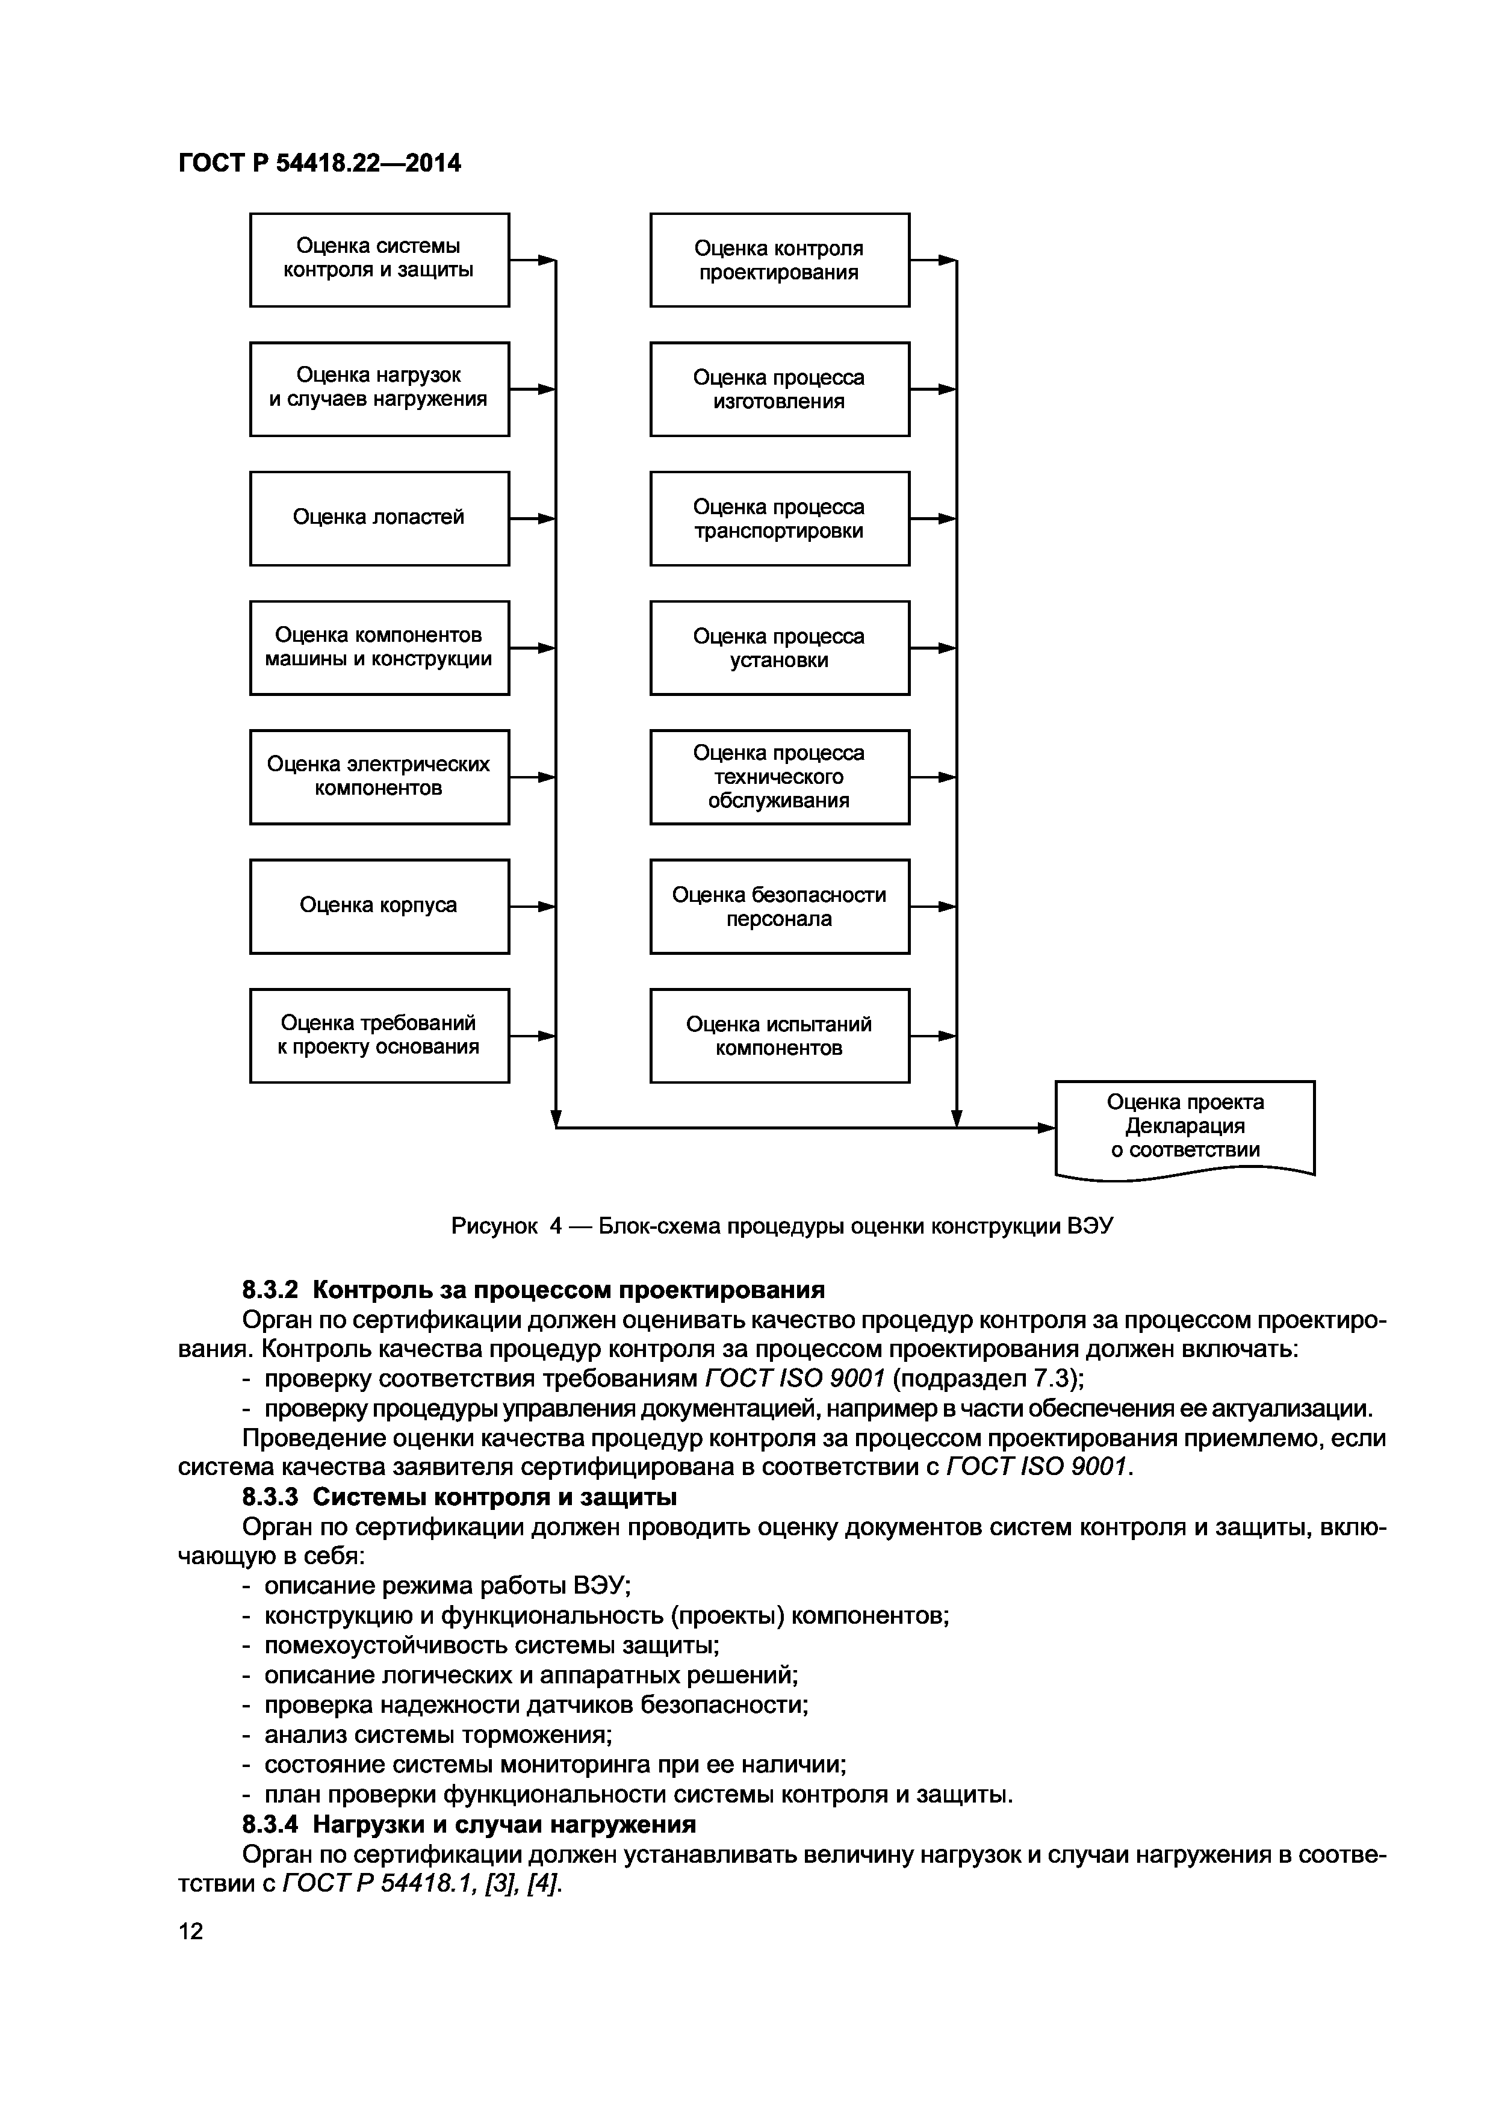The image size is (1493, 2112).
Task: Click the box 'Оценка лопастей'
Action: point(379,518)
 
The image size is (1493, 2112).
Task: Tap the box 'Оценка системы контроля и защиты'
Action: point(379,259)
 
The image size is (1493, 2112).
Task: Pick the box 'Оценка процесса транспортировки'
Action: point(779,518)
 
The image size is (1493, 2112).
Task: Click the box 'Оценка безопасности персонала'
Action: point(779,906)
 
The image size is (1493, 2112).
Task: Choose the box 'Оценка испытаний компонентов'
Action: point(779,1036)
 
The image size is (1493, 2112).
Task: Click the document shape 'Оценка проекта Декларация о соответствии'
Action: point(1184,1126)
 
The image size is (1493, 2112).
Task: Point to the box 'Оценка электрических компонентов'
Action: point(379,777)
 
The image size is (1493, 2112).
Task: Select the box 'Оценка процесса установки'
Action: point(779,648)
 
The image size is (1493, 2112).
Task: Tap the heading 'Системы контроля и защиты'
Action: point(495,1497)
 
